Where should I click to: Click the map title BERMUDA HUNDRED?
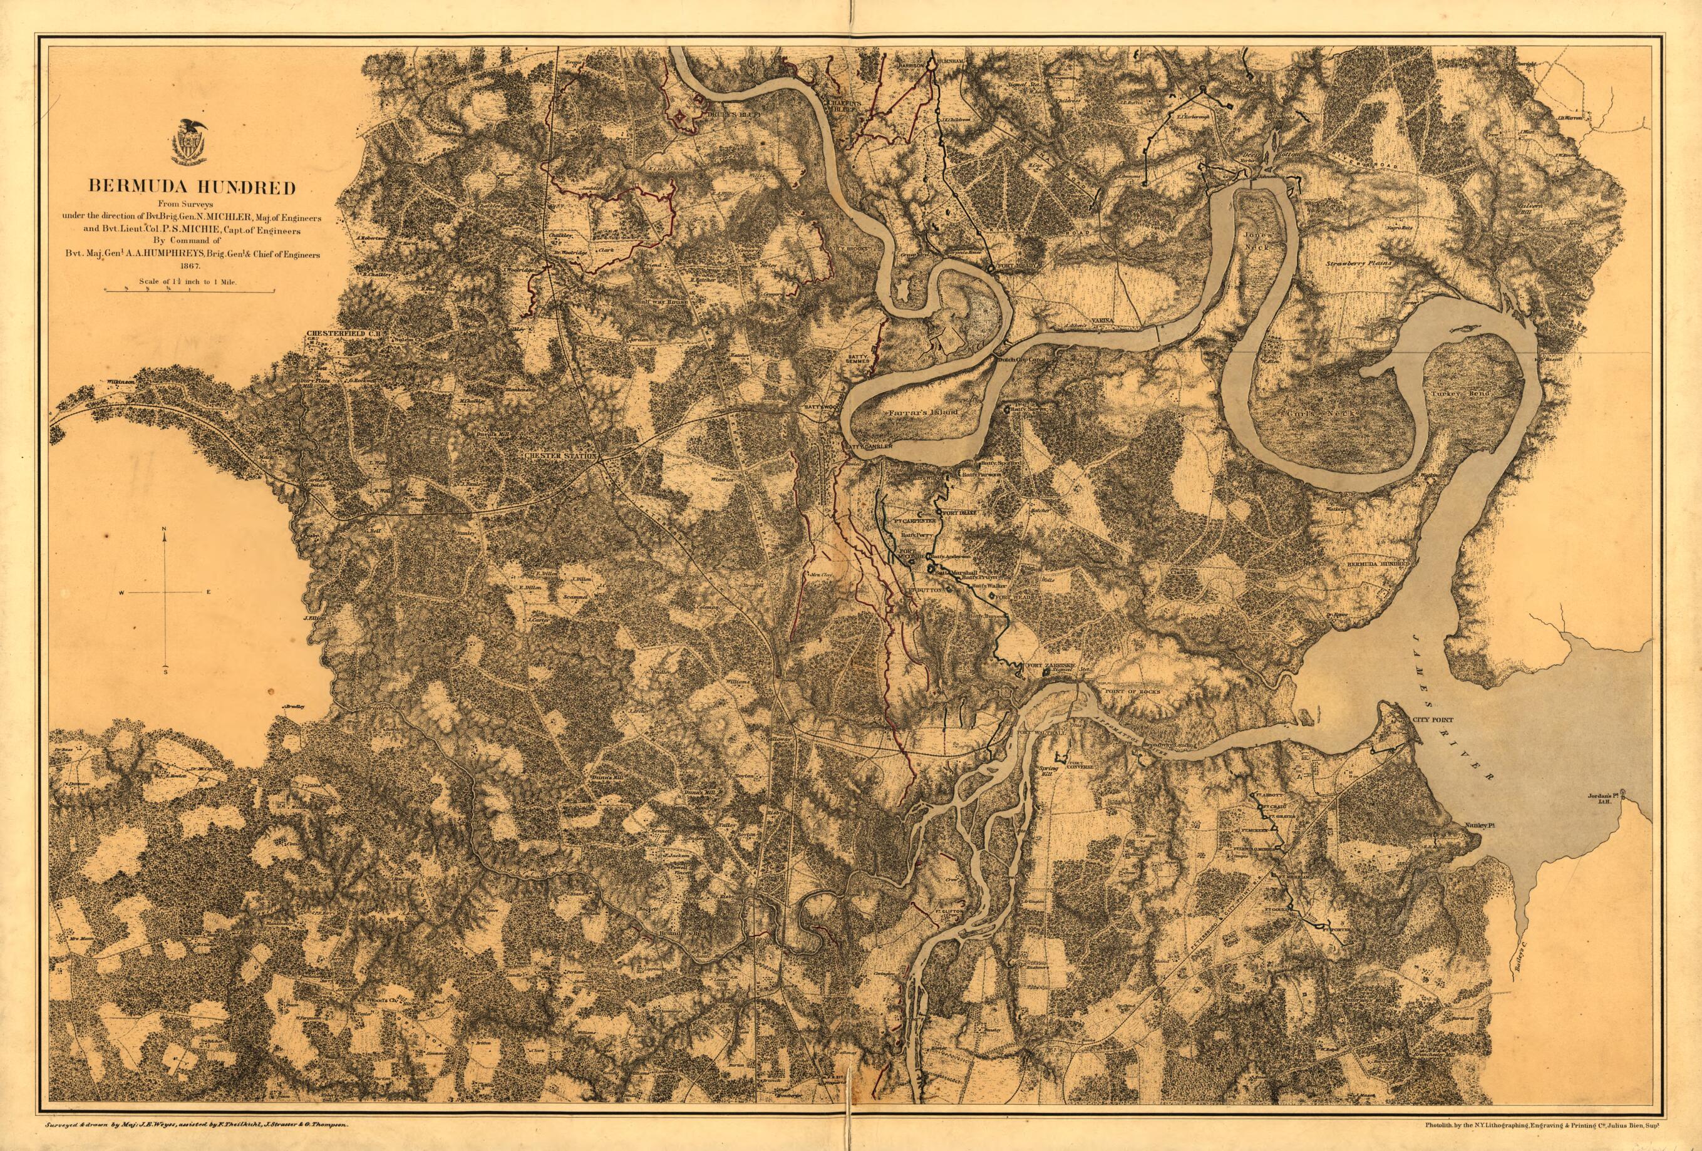coord(192,186)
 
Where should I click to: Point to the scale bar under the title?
coord(190,291)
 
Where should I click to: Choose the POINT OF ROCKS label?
coord(1132,691)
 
